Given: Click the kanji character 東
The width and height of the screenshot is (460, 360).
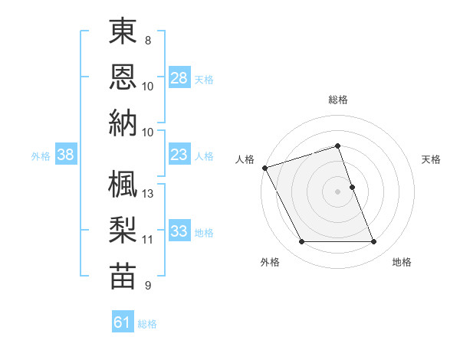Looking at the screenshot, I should pos(122,31).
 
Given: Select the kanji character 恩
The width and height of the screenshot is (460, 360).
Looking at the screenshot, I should pos(122,77).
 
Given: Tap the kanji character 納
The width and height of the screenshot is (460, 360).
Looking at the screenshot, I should pos(122,122).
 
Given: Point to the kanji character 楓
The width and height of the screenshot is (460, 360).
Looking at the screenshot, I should pos(122,185).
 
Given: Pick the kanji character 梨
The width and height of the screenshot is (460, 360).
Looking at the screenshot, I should pos(122,230).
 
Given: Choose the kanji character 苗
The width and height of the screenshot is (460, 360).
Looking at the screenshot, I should pos(122,275).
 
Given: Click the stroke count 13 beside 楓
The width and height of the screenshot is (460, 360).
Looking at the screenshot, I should pos(149,193).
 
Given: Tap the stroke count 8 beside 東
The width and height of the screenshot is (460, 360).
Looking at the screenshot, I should pos(148,40).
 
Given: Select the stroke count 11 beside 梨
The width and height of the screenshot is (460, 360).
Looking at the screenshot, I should pos(148,239).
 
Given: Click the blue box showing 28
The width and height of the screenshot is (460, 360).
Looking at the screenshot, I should pos(179,77).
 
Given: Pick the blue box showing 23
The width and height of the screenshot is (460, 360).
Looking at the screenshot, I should pos(179,155).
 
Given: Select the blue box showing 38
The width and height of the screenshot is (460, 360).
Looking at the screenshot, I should pos(66,155).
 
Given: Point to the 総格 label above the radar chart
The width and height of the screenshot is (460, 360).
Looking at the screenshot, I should pos(338,100).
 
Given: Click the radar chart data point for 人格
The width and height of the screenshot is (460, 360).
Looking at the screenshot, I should pos(264,168).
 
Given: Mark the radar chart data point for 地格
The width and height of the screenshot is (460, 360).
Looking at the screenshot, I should pos(374,242).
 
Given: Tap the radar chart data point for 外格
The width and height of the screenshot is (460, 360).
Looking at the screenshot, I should pos(301,242).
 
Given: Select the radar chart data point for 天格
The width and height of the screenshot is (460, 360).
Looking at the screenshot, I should pos(352,187).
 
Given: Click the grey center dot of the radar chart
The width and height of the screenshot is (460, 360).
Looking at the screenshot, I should pos(338,191).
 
